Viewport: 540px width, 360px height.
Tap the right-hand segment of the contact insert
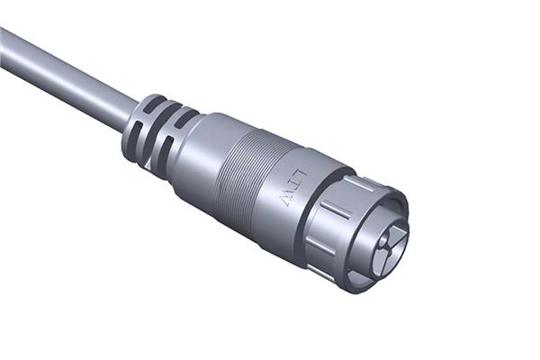[x=400, y=237]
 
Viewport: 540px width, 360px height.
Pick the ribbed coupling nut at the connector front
[x=337, y=225]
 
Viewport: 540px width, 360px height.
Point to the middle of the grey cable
[x=63, y=76]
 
